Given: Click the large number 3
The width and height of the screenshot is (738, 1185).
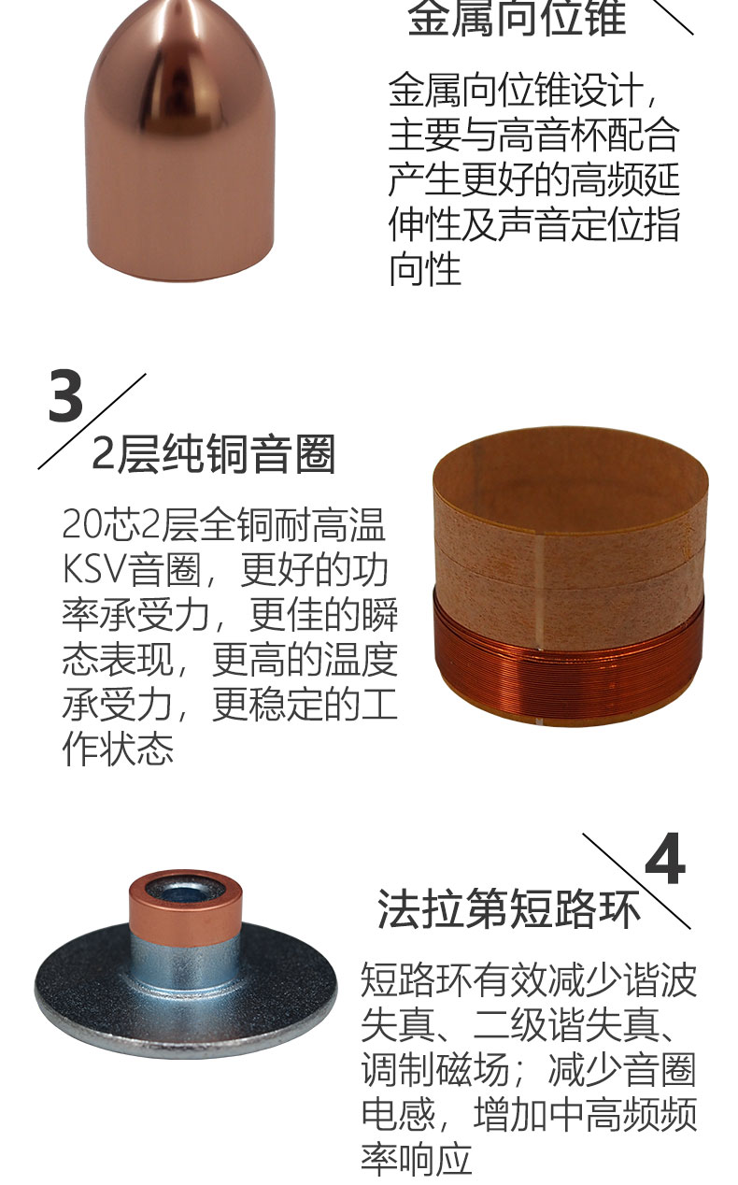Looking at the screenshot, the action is [65, 395].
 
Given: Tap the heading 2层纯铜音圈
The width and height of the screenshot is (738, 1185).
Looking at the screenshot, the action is [214, 454].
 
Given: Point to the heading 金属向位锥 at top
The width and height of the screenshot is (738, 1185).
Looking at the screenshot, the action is [517, 18].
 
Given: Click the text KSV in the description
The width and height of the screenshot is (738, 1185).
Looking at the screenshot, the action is [95, 570].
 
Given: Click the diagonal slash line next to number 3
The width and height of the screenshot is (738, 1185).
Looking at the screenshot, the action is [92, 421].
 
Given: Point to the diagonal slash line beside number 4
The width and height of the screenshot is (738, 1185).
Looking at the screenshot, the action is [636, 881].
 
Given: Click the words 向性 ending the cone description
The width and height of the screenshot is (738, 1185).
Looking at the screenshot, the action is [425, 269].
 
